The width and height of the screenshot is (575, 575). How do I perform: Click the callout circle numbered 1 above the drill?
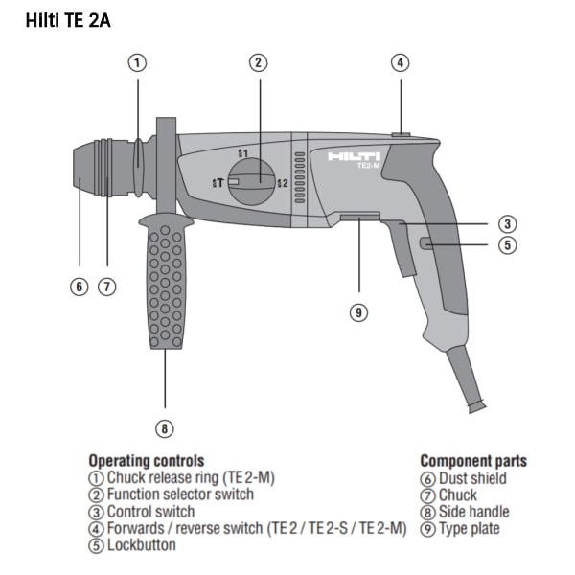[137, 62]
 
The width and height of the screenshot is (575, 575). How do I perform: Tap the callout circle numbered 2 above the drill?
[259, 62]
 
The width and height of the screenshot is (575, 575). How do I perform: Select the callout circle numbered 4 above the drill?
[400, 62]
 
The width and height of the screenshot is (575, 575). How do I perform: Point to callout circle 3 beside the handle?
[508, 223]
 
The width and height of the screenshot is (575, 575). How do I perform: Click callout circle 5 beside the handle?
[508, 244]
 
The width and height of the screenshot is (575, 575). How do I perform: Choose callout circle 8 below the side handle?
[164, 428]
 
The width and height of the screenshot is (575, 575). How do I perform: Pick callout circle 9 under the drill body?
[358, 312]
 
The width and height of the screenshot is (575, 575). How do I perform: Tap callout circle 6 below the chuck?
[80, 287]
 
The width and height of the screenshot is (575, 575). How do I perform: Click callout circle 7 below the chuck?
[106, 287]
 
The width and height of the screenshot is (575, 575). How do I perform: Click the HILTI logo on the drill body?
[354, 156]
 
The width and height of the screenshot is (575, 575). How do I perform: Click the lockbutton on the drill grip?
[426, 243]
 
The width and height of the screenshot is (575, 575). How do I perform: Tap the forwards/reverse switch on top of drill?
[401, 134]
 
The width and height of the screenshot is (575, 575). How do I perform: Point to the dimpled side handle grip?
[166, 283]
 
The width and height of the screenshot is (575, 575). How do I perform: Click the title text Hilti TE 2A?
[68, 20]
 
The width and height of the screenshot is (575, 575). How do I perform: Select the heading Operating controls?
[147, 461]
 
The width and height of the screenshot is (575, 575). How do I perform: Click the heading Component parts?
[473, 461]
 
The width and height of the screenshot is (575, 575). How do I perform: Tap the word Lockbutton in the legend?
[141, 545]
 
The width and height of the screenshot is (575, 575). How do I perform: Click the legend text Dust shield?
[472, 478]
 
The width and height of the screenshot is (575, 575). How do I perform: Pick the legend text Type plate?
[470, 528]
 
